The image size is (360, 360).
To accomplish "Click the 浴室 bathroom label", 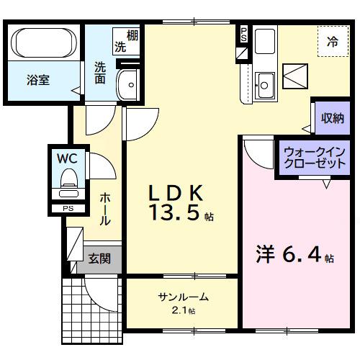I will pyautogui.click(x=39, y=80).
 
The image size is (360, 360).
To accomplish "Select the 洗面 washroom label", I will pyautogui.click(x=99, y=71).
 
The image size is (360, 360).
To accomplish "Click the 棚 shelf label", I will pyautogui.click(x=132, y=35).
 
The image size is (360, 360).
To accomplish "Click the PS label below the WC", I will pyautogui.click(x=68, y=209).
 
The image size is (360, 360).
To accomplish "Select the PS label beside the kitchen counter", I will pyautogui.click(x=243, y=34).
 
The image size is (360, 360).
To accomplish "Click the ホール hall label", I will pyautogui.click(x=105, y=208).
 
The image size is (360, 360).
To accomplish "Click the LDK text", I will pyautogui.click(x=177, y=192).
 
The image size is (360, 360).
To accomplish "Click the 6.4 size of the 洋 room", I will pyautogui.click(x=303, y=256).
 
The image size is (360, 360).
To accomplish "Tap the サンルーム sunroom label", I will pyautogui.click(x=184, y=297).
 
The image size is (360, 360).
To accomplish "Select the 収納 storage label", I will pyautogui.click(x=332, y=118).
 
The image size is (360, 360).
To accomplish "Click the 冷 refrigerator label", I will pyautogui.click(x=333, y=42).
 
